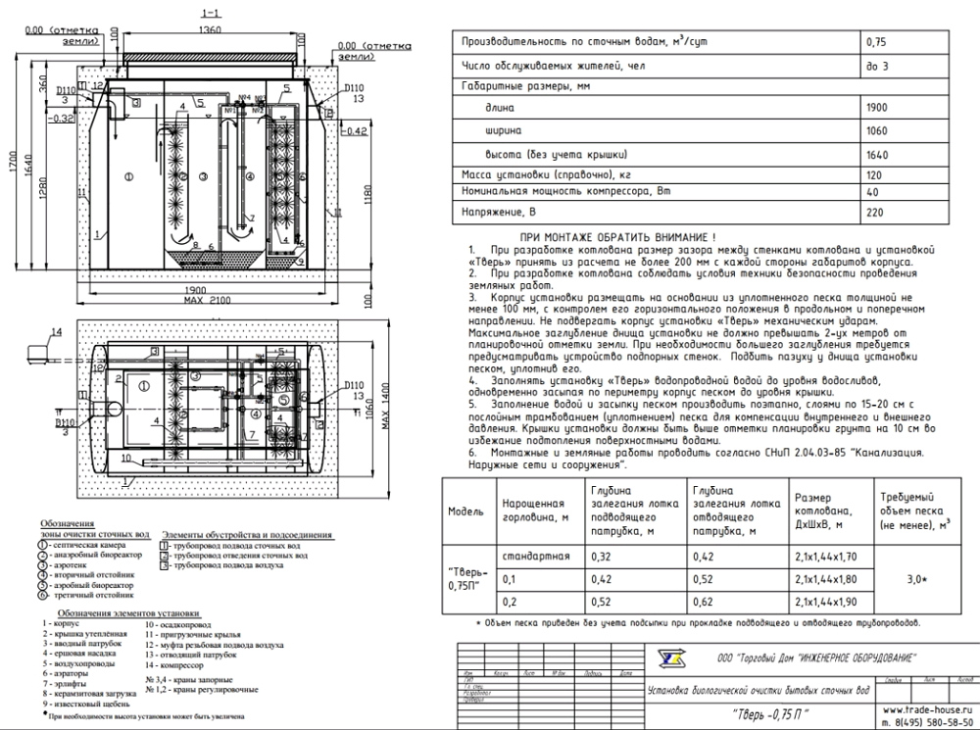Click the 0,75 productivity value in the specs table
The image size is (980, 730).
coord(876,43)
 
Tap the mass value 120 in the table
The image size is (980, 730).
coord(874,174)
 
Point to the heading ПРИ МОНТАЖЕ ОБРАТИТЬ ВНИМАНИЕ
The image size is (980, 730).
coord(617,238)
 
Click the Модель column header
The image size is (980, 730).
coord(465,511)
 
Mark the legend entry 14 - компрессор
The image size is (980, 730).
coord(176,667)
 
